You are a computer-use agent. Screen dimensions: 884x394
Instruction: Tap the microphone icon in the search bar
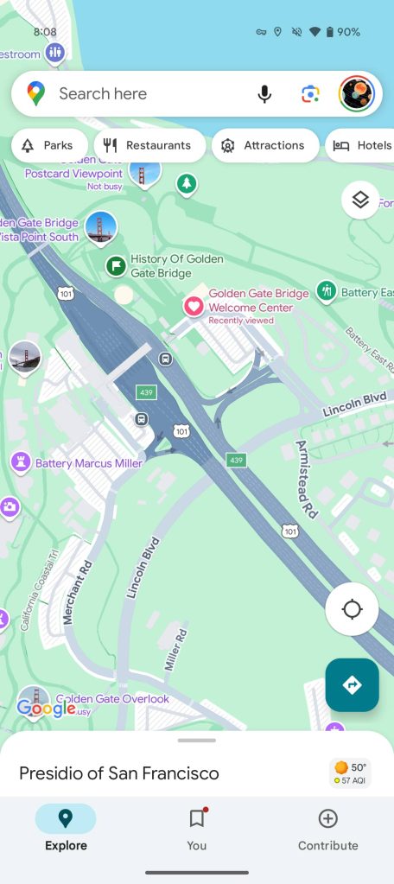264,94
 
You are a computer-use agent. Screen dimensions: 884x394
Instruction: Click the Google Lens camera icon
310,94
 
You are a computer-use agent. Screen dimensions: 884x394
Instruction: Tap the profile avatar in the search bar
356,94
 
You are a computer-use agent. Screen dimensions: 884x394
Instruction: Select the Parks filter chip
49,146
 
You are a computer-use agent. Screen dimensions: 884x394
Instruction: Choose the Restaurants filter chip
149,146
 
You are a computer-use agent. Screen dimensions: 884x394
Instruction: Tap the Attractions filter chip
264,146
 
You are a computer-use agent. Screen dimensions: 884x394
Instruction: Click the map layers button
360,200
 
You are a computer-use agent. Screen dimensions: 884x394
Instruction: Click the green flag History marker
115,265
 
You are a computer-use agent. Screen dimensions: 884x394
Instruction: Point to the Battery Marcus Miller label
88,464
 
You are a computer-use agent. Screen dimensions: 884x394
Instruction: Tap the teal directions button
352,685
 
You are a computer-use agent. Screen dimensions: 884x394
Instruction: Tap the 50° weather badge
350,773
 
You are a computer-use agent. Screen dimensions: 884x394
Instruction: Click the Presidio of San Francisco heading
119,773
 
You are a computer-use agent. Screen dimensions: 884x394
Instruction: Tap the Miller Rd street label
176,651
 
